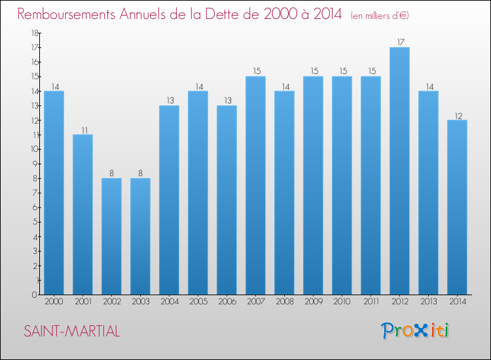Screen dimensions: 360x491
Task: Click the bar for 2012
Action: [399, 171]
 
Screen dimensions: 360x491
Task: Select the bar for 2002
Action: [111, 236]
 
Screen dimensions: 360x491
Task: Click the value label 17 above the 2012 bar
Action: [399, 43]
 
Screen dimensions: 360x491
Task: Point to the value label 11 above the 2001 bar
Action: [82, 130]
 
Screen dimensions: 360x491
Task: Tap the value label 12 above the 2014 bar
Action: [457, 115]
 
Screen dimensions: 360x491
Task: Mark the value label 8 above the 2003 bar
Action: [140, 173]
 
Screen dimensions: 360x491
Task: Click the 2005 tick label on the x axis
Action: [198, 302]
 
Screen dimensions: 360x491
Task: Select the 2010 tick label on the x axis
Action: [342, 302]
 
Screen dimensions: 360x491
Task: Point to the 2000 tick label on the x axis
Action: [54, 302]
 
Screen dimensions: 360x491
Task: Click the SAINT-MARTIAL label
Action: [72, 331]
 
